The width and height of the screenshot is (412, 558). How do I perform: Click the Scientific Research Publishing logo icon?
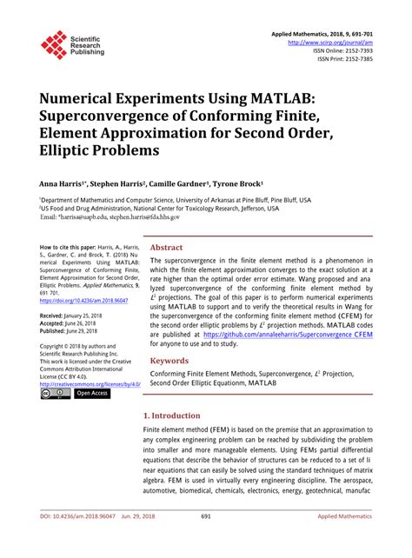[x=54, y=45]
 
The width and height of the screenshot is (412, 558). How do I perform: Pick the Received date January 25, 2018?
[x=83, y=314]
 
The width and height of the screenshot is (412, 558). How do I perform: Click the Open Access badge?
[x=93, y=394]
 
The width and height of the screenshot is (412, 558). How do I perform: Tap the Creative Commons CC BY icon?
[x=54, y=394]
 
